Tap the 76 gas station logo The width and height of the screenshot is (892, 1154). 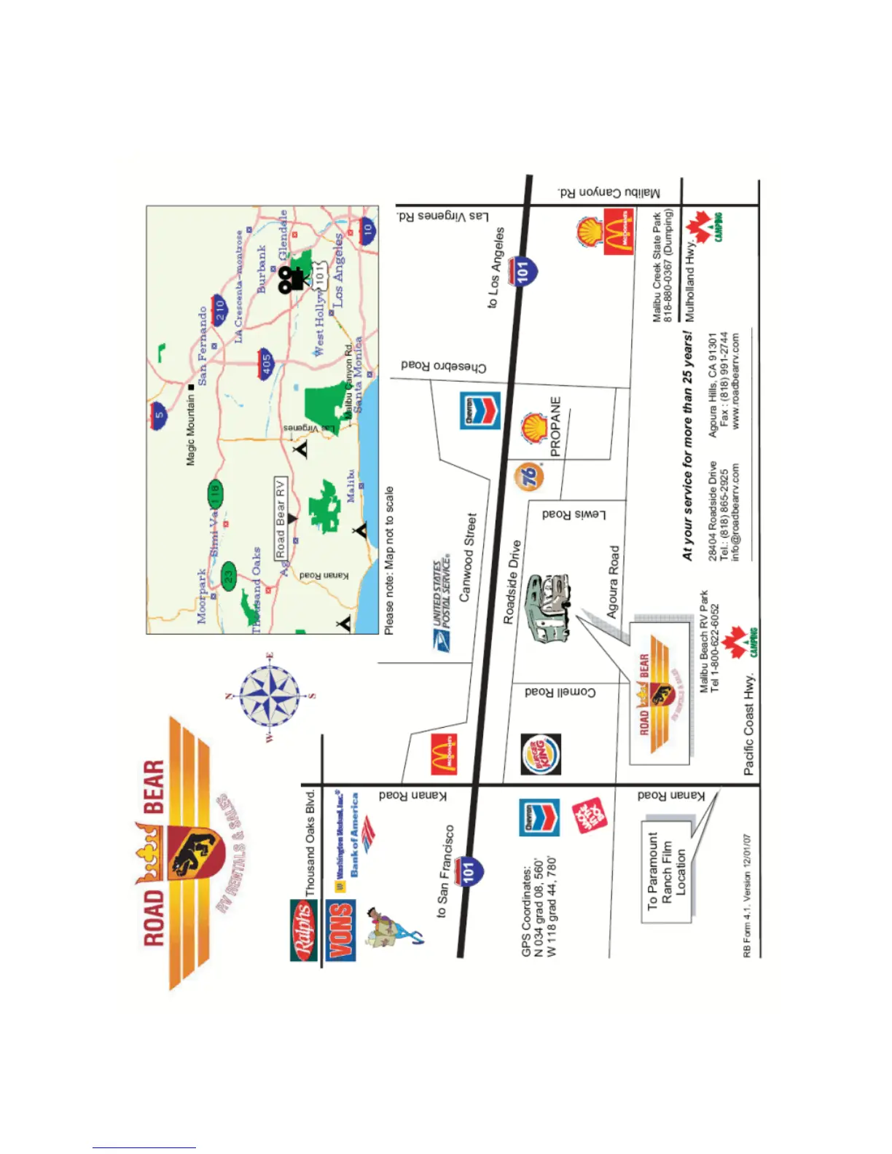(531, 475)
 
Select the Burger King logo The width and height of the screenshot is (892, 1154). (541, 754)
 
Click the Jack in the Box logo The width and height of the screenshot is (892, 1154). (589, 815)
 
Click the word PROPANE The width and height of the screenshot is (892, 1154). (555, 426)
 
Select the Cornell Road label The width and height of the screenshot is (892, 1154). (560, 691)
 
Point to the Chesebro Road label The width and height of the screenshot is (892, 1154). (443, 366)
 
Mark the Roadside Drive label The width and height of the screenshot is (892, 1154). (512, 581)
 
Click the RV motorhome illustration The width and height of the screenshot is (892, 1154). (548, 608)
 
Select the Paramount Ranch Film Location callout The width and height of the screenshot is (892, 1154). (666, 871)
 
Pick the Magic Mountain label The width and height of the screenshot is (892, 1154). (190, 430)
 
